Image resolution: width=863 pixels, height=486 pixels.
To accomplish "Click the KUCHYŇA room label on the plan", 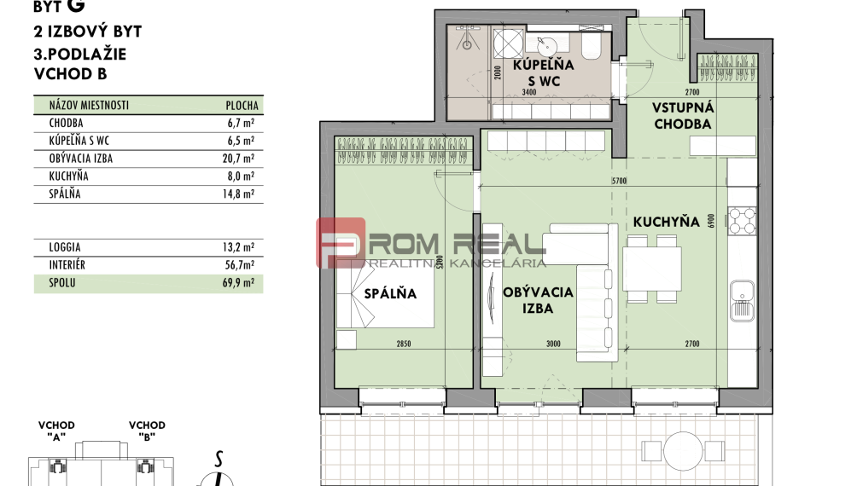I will point(666,222).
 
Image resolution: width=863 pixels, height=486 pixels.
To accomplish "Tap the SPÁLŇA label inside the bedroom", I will point(390,293).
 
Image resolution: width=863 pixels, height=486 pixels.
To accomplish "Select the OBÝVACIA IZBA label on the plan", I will point(538,300).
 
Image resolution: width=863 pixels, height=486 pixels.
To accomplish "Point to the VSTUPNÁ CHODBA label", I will point(682,116).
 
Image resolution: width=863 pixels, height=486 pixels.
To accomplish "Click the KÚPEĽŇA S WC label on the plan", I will point(543,73).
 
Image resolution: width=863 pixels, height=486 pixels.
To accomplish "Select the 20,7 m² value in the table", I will point(237,159).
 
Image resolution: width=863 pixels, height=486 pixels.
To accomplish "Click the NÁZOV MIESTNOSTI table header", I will point(90,106).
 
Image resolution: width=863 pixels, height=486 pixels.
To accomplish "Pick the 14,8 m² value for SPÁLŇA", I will point(237,194).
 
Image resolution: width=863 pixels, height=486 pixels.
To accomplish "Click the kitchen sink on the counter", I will point(742,300).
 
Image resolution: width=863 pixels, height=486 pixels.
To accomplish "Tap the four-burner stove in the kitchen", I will point(742,221).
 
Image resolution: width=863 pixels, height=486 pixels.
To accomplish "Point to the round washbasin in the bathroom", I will point(543,43).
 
